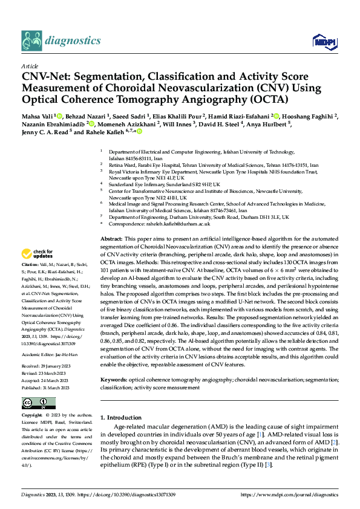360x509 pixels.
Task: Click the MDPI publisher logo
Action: tap(322, 41)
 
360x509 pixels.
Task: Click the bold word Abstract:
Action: tap(113, 239)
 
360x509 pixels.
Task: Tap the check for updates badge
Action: tap(39, 254)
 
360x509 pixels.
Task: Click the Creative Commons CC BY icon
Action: tap(39, 385)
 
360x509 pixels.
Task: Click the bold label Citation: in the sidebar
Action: tap(30, 265)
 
